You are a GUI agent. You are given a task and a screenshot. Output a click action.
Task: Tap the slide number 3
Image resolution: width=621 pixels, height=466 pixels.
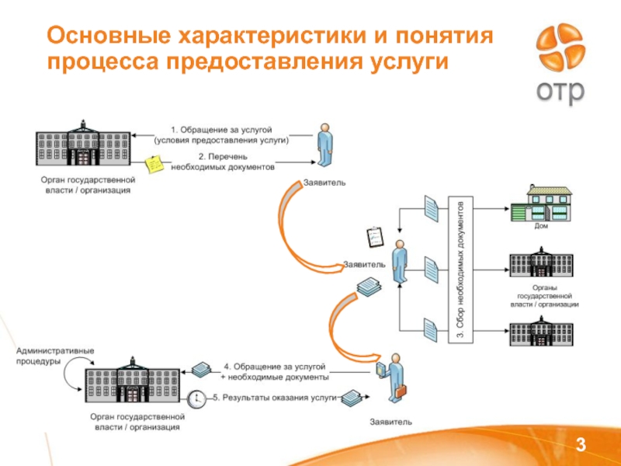point(578,443)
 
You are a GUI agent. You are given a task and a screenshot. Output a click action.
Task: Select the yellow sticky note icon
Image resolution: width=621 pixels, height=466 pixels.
point(154,164)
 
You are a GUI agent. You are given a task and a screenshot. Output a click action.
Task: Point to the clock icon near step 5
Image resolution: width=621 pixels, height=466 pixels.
point(198,398)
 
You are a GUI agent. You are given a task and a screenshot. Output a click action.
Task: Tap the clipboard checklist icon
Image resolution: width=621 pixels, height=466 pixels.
point(374,235)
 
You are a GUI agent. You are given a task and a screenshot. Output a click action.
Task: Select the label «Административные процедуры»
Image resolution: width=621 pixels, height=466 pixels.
point(55,356)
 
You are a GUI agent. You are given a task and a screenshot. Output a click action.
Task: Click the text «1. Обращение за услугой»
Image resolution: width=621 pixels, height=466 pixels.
point(221,129)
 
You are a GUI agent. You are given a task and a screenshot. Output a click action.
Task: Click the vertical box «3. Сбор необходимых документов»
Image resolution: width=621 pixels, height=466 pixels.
point(460,269)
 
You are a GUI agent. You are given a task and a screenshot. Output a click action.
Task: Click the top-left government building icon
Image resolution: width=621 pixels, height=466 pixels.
point(82,145)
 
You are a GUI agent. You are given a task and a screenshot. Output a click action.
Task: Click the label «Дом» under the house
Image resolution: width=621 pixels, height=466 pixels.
point(541,226)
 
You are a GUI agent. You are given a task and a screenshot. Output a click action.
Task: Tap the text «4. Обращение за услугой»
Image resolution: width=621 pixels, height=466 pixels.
point(275,366)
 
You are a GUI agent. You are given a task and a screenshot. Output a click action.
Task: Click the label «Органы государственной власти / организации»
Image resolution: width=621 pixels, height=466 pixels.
point(544,297)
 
